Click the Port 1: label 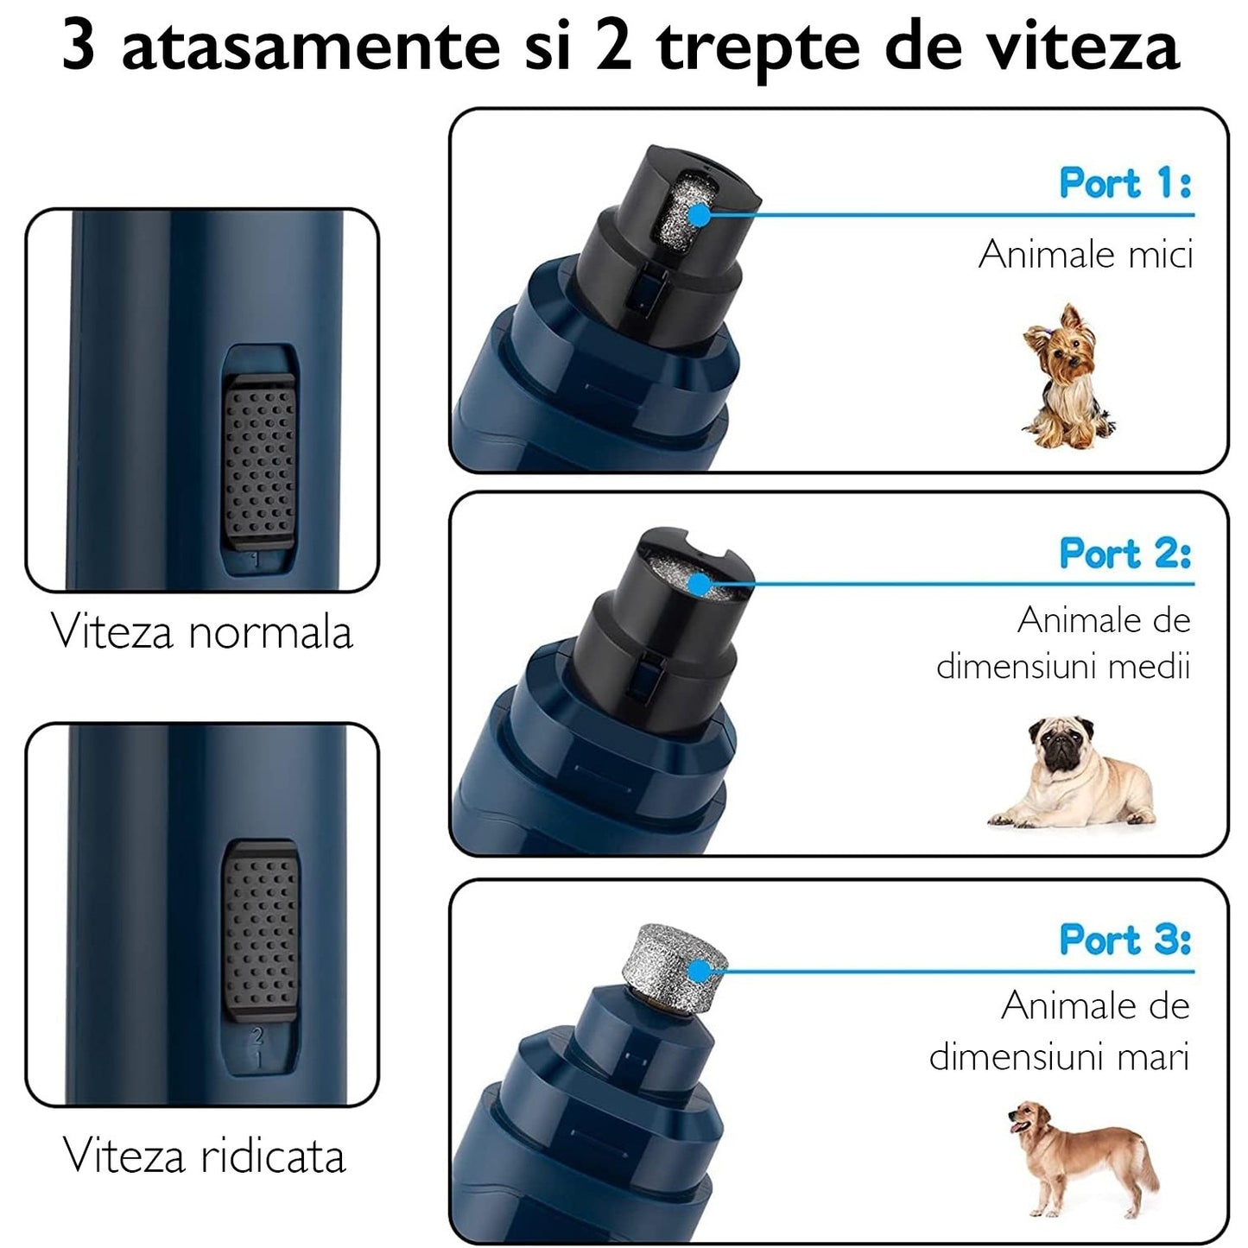pos(1124,183)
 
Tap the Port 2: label pos(1124,554)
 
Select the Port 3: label pos(1124,940)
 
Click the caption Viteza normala pos(202,631)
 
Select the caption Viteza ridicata pos(205,1156)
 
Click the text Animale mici pos(1085,255)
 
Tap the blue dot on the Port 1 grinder pos(698,215)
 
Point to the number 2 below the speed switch pos(256,1036)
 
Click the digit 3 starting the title pos(79,47)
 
